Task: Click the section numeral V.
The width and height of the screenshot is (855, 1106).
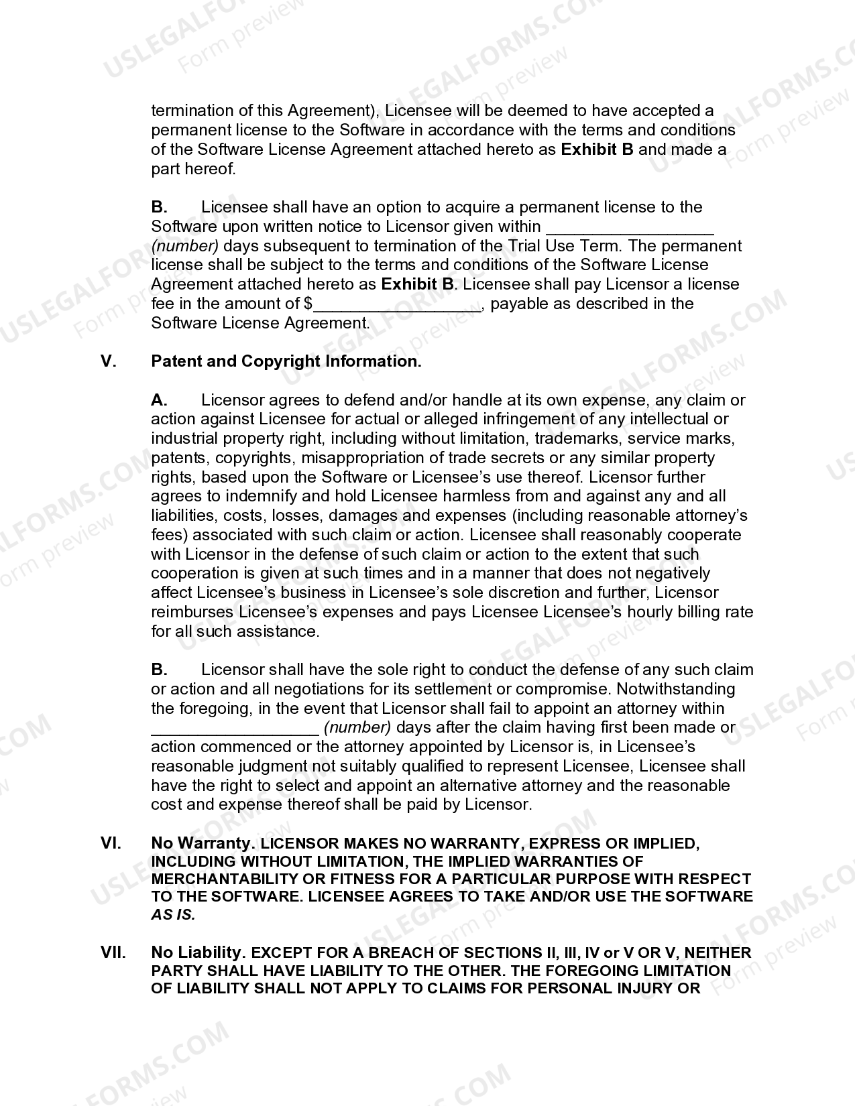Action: click(x=109, y=361)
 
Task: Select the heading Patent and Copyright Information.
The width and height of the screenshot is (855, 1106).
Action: click(x=286, y=361)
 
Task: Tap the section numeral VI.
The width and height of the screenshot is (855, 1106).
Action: click(x=111, y=843)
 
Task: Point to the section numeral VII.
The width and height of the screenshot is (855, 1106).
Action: click(x=113, y=953)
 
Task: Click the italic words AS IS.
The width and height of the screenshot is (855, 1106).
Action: click(x=173, y=915)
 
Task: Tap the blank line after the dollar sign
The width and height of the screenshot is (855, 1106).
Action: click(x=397, y=306)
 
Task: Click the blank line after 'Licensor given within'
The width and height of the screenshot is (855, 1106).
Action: click(x=630, y=228)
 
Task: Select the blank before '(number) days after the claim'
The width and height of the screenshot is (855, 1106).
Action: click(x=235, y=729)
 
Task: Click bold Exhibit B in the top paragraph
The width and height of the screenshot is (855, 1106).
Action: click(x=597, y=149)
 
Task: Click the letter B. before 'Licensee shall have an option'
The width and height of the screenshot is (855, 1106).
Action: click(x=159, y=207)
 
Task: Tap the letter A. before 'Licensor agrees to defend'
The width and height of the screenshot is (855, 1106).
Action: click(x=159, y=400)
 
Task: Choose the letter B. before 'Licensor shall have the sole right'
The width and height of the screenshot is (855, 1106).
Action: click(x=159, y=670)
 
